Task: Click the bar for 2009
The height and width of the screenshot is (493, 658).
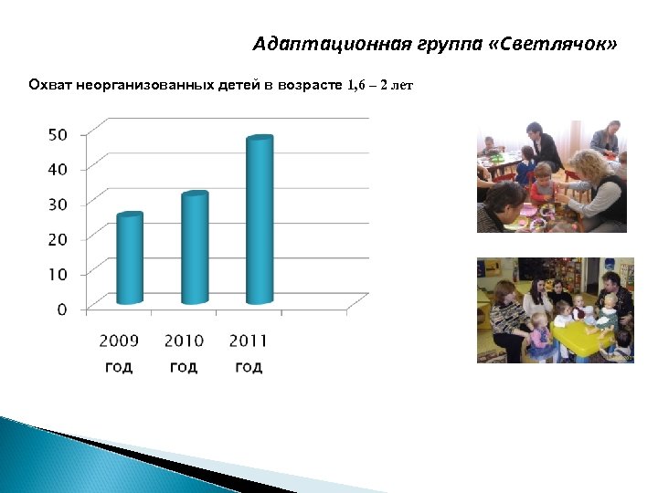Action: click(x=130, y=259)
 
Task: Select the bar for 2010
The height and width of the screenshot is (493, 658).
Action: click(x=195, y=248)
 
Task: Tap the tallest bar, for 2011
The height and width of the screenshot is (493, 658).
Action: click(x=260, y=221)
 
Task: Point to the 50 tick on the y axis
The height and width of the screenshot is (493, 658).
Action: click(x=58, y=134)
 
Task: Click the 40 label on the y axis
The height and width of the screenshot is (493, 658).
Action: click(x=58, y=169)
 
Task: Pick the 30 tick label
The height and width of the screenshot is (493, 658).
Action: click(x=58, y=205)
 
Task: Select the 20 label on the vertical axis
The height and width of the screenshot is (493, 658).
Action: click(x=58, y=239)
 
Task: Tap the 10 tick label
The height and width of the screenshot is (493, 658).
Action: click(x=58, y=274)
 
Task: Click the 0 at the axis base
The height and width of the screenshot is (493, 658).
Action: click(x=62, y=309)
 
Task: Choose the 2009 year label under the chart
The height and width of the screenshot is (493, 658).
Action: click(x=119, y=341)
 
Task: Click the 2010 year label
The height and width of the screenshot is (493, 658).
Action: click(x=184, y=341)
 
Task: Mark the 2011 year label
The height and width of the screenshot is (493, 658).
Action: click(x=249, y=341)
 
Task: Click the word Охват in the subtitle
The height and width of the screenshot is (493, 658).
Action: click(x=48, y=86)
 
